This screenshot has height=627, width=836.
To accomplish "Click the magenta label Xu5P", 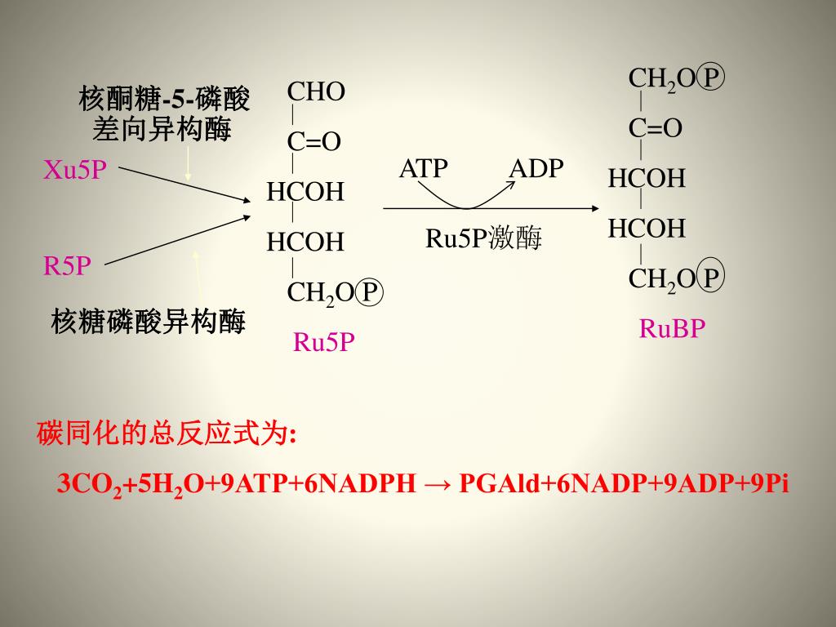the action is pyautogui.click(x=75, y=170).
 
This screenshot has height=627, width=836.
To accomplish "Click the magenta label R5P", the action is pyautogui.click(x=67, y=265).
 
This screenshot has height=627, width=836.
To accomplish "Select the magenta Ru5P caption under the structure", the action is pyautogui.click(x=324, y=342).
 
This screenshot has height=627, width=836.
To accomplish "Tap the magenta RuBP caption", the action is pyautogui.click(x=672, y=328).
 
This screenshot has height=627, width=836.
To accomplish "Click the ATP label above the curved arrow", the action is pyautogui.click(x=423, y=168).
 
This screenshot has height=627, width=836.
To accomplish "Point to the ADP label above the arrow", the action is pyautogui.click(x=536, y=168).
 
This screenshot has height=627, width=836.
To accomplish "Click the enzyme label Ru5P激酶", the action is pyautogui.click(x=483, y=238).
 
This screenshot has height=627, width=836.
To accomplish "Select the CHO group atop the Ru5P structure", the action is pyautogui.click(x=316, y=91).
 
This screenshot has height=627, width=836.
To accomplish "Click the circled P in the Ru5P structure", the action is pyautogui.click(x=371, y=292).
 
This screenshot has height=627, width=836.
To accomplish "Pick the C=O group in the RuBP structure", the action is pyautogui.click(x=655, y=128).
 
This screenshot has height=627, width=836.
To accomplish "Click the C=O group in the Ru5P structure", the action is pyautogui.click(x=313, y=142).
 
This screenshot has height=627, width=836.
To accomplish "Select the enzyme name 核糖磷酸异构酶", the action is pyautogui.click(x=148, y=321).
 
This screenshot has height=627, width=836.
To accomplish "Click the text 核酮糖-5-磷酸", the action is pyautogui.click(x=164, y=100).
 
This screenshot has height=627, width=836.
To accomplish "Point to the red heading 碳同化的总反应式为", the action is pyautogui.click(x=166, y=434).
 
